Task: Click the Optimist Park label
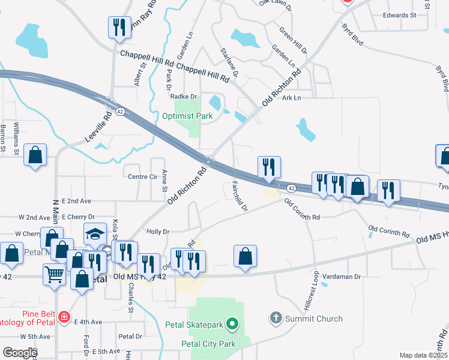click(x=188, y=116)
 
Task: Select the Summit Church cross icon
click(x=276, y=319)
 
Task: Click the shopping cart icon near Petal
click(x=54, y=275)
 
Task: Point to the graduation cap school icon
click(x=95, y=233)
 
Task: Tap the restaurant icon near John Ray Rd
click(x=118, y=27)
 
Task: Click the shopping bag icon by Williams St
click(x=35, y=155)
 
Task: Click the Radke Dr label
click(x=184, y=97)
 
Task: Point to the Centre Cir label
click(x=142, y=176)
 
